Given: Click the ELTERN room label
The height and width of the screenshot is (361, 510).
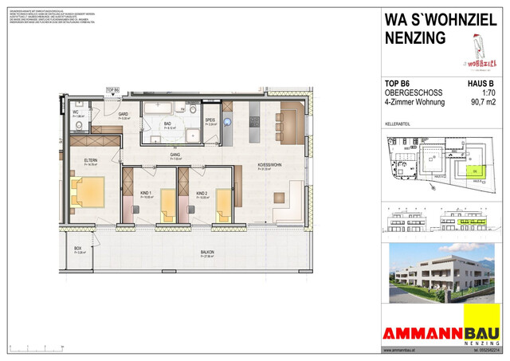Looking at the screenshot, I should (x=90, y=160).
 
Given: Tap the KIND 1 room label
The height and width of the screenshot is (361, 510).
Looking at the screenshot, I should (x=144, y=193).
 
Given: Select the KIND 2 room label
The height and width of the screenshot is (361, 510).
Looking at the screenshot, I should (x=202, y=193).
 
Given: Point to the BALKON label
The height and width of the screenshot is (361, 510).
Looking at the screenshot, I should (x=207, y=253).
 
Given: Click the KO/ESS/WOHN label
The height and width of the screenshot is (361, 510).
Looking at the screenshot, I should (x=270, y=166).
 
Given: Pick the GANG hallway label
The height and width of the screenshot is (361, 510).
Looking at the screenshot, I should (x=175, y=155).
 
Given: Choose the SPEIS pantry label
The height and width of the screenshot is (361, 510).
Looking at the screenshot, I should (x=211, y=121).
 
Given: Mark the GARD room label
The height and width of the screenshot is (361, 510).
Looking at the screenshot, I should (x=124, y=115).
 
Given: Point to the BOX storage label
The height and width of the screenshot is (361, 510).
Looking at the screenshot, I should (x=78, y=249).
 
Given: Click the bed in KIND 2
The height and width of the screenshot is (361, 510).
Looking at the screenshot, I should (x=225, y=205).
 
